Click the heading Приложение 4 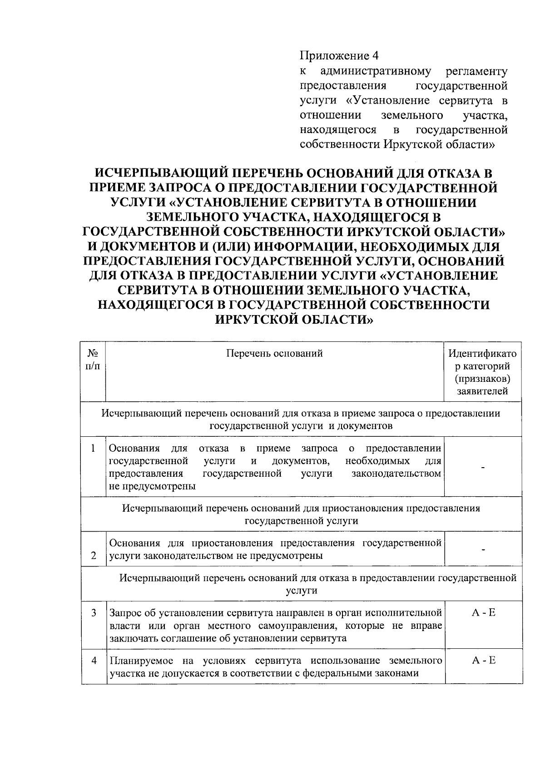coord(338,56)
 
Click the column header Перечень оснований coord(275,353)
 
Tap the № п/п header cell coord(93,359)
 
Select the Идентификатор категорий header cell coord(482,372)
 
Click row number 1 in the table coord(93,449)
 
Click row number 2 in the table coord(93,556)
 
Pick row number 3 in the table coord(93,613)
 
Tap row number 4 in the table coord(94,661)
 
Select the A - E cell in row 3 coord(483,613)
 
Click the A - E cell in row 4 coord(483,660)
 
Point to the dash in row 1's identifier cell coord(483,467)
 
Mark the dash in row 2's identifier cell coord(484,550)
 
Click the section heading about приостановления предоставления coord(301,514)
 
